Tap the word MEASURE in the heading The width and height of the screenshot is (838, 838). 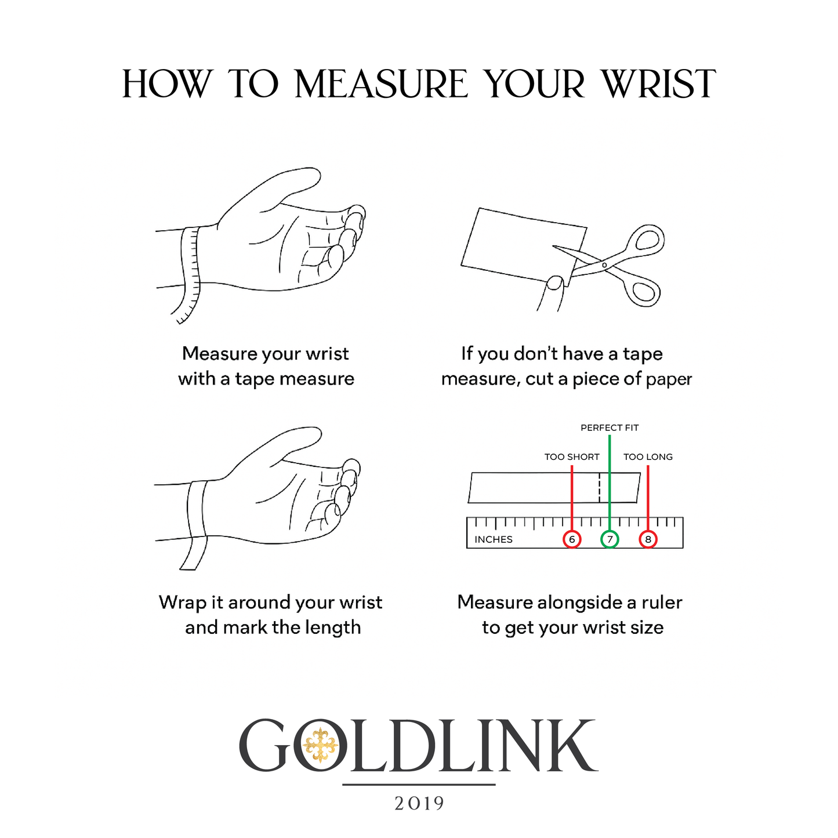point(382,84)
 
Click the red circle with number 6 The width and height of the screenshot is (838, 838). point(572,539)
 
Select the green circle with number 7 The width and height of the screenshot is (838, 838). point(610,539)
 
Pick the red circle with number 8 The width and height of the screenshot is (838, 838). point(648,539)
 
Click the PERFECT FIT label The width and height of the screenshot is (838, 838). point(610,428)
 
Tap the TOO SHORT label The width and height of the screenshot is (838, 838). point(572,457)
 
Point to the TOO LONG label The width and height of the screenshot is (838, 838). point(648,457)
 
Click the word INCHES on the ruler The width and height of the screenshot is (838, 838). point(494,540)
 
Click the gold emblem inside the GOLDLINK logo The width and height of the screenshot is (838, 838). point(321,745)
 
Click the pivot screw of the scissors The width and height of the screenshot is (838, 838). point(604,265)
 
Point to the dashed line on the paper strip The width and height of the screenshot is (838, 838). point(599,488)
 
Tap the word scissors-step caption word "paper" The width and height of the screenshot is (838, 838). point(669,380)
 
